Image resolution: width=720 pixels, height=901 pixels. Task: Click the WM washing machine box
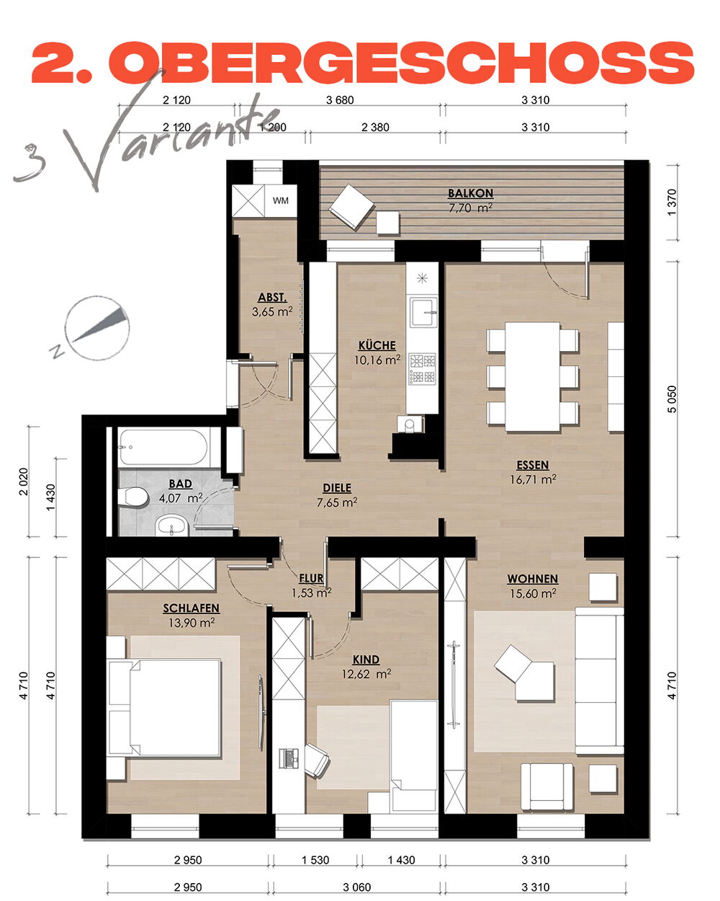(280, 200)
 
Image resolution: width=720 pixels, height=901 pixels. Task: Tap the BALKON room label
(470, 193)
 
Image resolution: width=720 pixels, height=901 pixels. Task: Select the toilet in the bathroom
(133, 497)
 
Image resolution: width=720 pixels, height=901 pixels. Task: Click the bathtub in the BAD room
(163, 446)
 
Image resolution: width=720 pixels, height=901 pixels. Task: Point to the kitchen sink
(423, 312)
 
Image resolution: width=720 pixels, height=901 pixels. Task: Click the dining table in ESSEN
(532, 376)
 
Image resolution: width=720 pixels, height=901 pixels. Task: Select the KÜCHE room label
(377, 345)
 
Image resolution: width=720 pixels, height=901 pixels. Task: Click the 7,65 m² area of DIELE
(337, 502)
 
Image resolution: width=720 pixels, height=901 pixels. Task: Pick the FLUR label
(311, 578)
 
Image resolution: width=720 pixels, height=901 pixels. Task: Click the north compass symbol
(96, 329)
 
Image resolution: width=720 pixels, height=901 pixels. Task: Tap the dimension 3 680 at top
(340, 100)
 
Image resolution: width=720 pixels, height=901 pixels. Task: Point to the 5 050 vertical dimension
(672, 399)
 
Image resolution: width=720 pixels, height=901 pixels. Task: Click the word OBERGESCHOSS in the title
(402, 63)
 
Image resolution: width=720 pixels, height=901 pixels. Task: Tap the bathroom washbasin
(171, 525)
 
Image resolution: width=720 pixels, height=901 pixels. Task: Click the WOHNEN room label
(533, 579)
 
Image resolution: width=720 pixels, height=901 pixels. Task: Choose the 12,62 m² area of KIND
(366, 674)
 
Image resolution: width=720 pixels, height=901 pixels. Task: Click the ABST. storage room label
(272, 297)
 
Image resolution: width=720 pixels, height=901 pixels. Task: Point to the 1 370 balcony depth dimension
(672, 203)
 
